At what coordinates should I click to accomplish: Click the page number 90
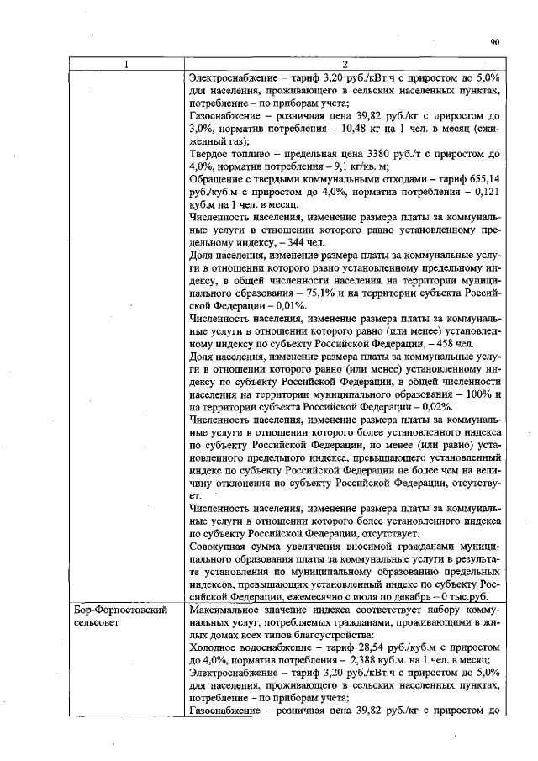(494, 42)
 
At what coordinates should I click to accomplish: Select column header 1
(126, 65)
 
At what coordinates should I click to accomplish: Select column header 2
(345, 65)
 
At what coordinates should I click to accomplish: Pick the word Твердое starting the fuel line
(211, 155)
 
